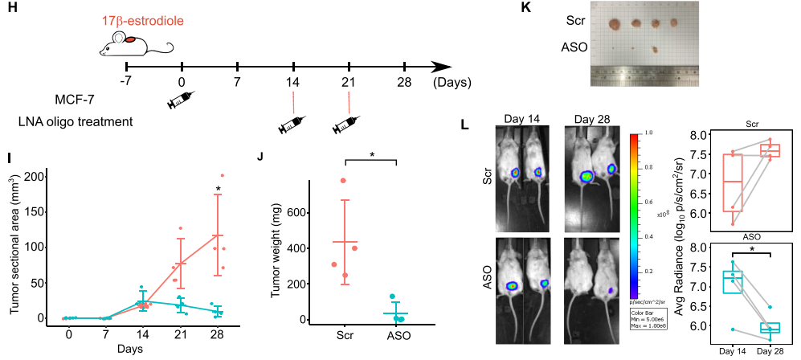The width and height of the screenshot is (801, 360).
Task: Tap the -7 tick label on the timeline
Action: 125,83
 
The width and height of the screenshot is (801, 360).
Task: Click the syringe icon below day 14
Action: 292,125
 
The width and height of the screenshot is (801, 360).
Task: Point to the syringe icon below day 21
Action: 348,125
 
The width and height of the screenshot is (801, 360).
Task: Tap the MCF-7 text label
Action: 78,100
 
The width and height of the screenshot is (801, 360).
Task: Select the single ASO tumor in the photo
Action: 656,50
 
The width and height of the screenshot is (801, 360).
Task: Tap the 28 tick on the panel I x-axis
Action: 215,333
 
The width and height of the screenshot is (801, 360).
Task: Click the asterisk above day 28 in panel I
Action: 217,190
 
